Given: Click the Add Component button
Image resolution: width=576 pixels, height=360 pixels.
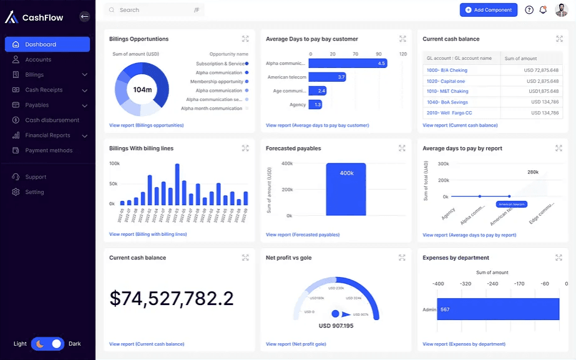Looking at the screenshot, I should (488, 10).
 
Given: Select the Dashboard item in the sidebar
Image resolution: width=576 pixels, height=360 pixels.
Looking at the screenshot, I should (47, 44).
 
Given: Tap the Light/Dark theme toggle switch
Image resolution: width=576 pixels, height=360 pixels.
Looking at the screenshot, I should (48, 344).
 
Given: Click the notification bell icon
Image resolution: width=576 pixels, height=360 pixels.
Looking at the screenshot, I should (543, 10).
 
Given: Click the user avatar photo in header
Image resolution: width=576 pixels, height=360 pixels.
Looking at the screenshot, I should (561, 10).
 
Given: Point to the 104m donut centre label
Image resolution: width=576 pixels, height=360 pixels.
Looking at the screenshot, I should (142, 90).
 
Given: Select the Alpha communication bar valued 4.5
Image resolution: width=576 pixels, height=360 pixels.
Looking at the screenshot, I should (348, 63).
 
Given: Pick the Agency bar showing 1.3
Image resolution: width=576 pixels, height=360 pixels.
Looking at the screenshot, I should (317, 105).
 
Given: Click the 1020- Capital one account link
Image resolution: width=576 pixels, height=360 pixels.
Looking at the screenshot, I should (446, 81).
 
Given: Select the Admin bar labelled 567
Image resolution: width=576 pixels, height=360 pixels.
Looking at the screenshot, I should (497, 309).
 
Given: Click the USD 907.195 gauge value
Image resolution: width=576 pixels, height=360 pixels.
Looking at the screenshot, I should (336, 326).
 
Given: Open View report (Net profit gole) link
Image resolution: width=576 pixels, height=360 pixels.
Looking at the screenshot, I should (296, 344).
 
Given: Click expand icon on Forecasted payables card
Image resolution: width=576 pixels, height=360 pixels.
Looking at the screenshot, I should (402, 148).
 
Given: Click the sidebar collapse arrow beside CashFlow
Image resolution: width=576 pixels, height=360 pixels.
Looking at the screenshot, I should (85, 17).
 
